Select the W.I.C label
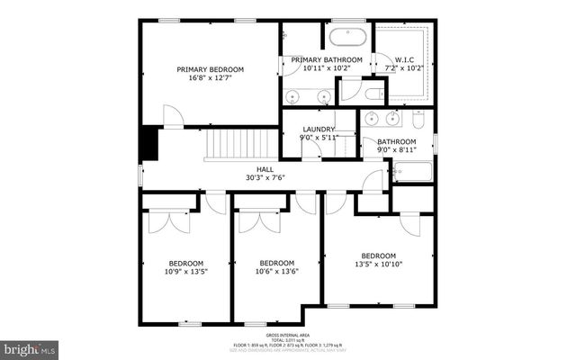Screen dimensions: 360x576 pos(403,60)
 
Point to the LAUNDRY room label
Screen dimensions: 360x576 pos(318,130)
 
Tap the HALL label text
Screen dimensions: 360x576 pos(265,169)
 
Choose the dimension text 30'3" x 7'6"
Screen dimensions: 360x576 pos(265,178)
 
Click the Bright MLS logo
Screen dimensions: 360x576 pos(30,347)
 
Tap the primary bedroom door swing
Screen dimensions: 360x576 pos(173,116)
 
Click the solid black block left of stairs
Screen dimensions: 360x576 pos(148,144)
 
